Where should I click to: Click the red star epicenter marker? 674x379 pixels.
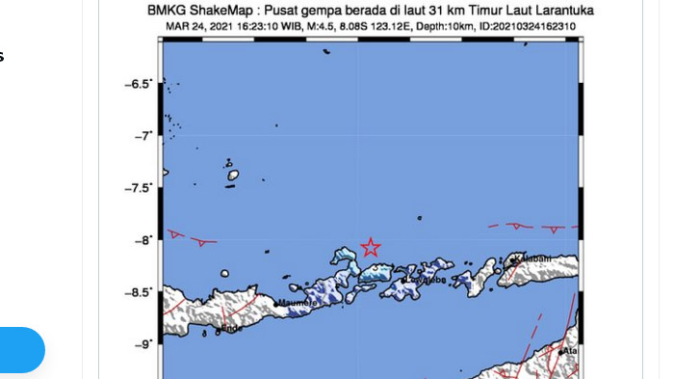pyautogui.click(x=370, y=247)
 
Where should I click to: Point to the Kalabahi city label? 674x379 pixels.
pyautogui.click(x=533, y=258)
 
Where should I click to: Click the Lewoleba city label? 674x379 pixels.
pyautogui.click(x=426, y=280)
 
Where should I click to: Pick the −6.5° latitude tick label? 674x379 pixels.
pyautogui.click(x=138, y=84)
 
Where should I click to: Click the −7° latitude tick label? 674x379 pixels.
pyautogui.click(x=142, y=136)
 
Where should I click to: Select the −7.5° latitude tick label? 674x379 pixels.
pyautogui.click(x=138, y=188)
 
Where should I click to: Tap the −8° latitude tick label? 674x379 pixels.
pyautogui.click(x=142, y=240)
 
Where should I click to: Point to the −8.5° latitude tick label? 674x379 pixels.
pyautogui.click(x=138, y=292)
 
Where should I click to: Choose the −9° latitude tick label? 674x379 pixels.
pyautogui.click(x=142, y=344)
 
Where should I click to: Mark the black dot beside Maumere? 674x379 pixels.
pyautogui.click(x=277, y=305)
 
